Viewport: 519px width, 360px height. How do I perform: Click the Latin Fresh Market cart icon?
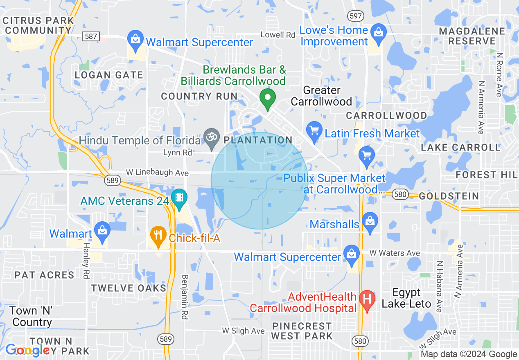tap(314, 131)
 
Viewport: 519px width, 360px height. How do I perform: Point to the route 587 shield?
tap(91, 36)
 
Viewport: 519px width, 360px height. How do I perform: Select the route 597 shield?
tap(355, 16)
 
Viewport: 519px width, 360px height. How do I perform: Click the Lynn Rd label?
tap(177, 153)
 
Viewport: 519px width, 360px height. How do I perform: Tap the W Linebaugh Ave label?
tap(157, 173)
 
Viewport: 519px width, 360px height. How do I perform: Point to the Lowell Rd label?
tap(278, 35)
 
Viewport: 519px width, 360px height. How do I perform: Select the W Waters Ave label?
tap(388, 253)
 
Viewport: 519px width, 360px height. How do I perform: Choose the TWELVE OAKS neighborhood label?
tap(129, 288)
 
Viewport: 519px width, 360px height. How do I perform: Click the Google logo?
tap(27, 350)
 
